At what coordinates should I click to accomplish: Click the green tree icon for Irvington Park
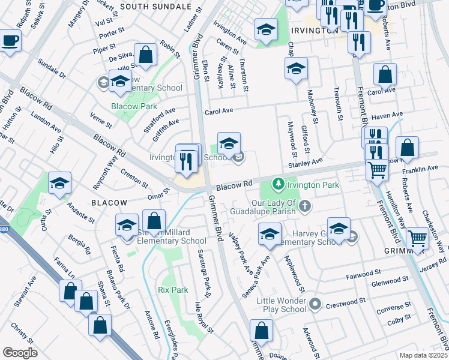pyautogui.click(x=277, y=183)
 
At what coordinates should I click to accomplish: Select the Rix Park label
pyautogui.click(x=173, y=290)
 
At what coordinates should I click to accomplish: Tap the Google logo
pyautogui.click(x=20, y=352)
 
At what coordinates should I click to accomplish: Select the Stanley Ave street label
pyautogui.click(x=305, y=161)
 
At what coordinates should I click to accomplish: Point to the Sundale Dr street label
pyautogui.click(x=52, y=69)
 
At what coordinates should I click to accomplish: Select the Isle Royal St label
pyautogui.click(x=204, y=316)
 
